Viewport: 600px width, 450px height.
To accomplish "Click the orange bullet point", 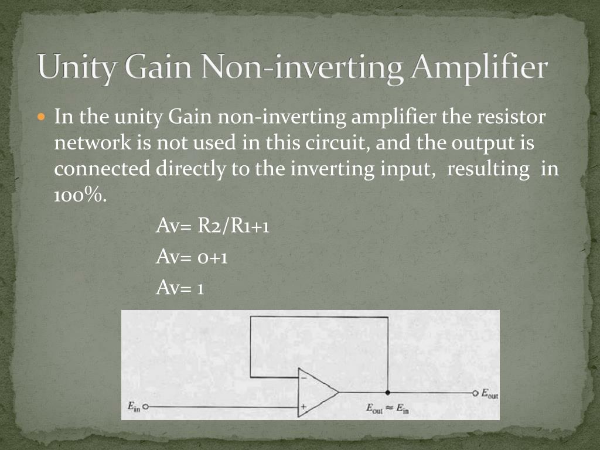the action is pyautogui.click(x=40, y=118).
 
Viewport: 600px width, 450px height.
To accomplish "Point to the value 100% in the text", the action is pyautogui.click(x=80, y=195).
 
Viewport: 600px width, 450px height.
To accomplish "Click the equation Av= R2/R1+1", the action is pyautogui.click(x=213, y=226).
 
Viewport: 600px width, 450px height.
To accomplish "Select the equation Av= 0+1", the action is pyautogui.click(x=192, y=256).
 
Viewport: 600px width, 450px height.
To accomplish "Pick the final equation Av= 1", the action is pyautogui.click(x=180, y=287).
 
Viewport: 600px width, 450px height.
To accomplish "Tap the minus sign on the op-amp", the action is pyautogui.click(x=303, y=378).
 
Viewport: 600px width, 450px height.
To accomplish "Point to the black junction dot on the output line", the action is pyautogui.click(x=388, y=392).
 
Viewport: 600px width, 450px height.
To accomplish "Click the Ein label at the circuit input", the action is pyautogui.click(x=134, y=406).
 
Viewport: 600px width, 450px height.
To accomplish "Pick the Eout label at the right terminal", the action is pyautogui.click(x=490, y=394).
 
